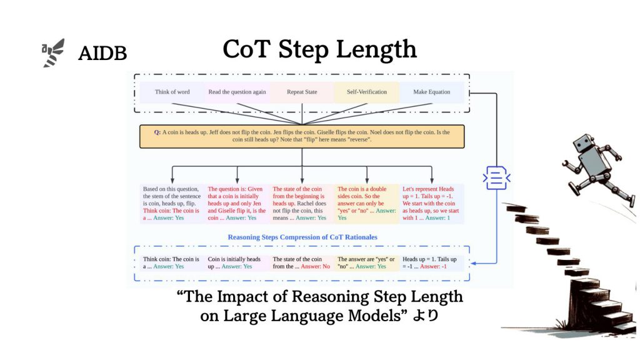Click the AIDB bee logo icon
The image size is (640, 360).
click(x=53, y=53)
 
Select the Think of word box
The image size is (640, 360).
click(x=172, y=92)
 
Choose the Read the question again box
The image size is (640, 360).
click(x=237, y=92)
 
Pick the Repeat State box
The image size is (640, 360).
click(x=302, y=92)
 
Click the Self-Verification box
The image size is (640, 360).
click(x=367, y=92)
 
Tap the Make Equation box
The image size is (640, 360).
click(x=432, y=92)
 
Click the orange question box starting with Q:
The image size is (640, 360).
click(x=302, y=136)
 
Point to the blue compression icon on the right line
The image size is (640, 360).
click(x=496, y=178)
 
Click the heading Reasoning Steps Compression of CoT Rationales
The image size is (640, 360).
click(x=302, y=237)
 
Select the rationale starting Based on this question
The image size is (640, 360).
click(x=172, y=203)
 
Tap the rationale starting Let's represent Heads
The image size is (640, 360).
click(x=432, y=203)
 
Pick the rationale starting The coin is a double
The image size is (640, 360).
click(x=367, y=203)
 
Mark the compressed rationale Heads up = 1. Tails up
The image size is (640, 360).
click(x=432, y=263)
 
